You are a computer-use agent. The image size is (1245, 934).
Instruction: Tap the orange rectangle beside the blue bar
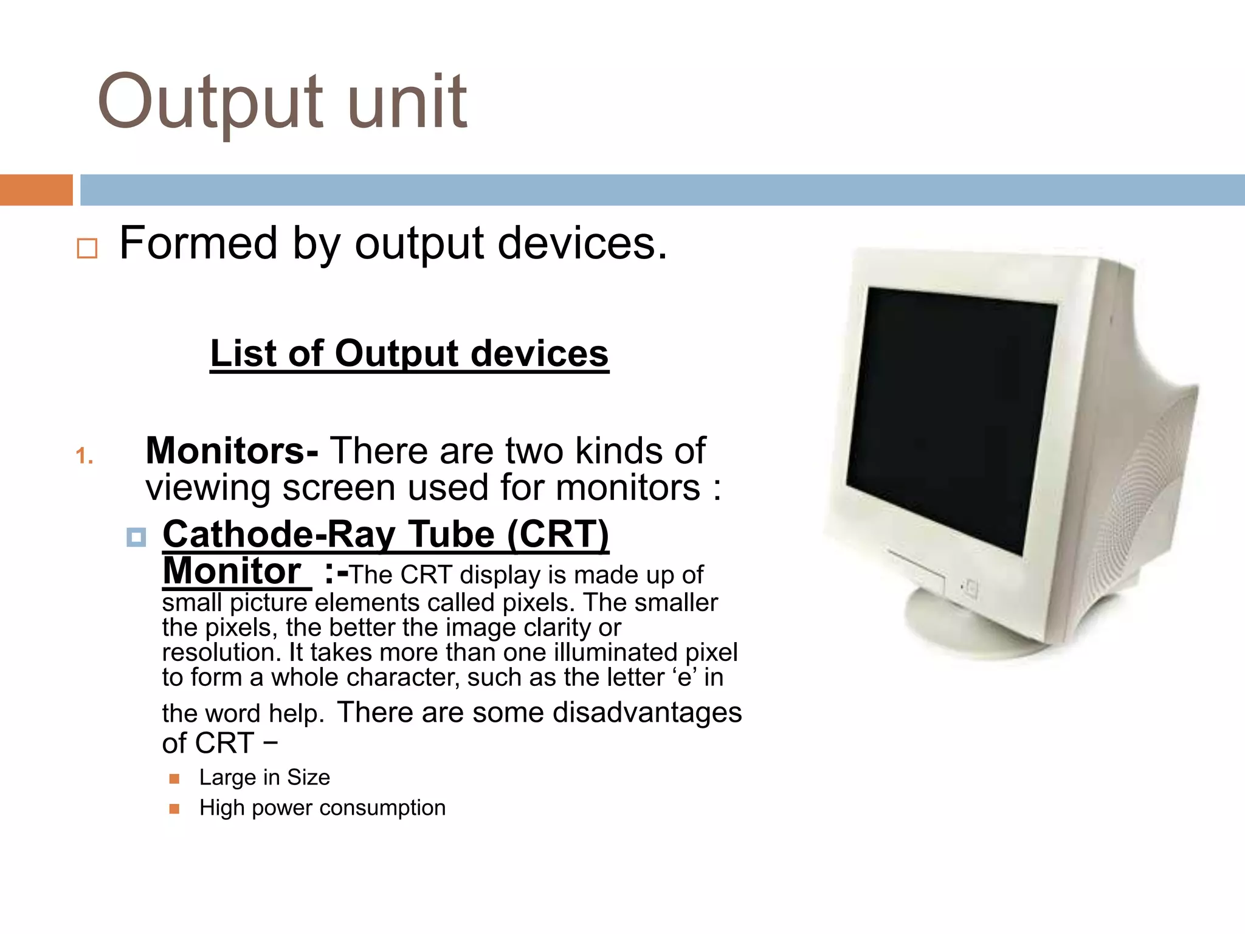[36, 190]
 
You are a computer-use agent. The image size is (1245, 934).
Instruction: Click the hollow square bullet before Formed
[87, 248]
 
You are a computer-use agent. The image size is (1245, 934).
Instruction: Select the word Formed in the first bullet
[198, 243]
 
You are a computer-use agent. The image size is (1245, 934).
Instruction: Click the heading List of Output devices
[409, 353]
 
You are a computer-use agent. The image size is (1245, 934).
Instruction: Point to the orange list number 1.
[84, 456]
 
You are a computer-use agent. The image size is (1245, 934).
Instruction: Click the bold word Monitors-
[232, 451]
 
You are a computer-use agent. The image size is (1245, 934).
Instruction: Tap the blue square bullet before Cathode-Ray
[136, 537]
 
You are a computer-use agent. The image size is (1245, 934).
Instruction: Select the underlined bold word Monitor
[232, 572]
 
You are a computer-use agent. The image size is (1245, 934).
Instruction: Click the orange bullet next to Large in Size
[174, 778]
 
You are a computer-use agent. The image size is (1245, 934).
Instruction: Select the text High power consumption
[322, 808]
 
